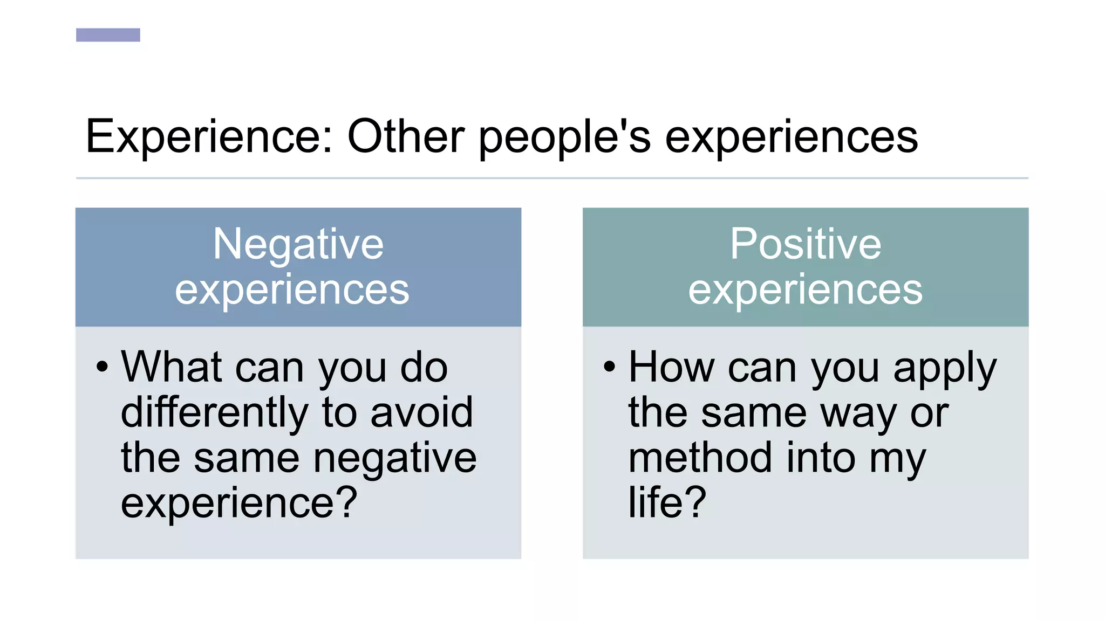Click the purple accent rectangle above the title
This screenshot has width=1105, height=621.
[108, 35]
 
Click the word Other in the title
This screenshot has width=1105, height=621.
[406, 137]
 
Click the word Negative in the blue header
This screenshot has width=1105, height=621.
[298, 245]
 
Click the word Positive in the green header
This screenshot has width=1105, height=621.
[806, 244]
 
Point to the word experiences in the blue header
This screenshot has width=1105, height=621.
[292, 290]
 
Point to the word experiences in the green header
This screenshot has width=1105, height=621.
[806, 290]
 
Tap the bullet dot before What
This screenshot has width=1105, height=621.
[102, 367]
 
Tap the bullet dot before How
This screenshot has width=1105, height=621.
[609, 367]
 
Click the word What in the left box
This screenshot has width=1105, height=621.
[172, 367]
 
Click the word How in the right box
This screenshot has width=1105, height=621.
[671, 367]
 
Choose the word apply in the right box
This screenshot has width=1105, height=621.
[945, 369]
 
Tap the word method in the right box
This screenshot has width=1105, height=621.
[700, 458]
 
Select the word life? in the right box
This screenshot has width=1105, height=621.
[667, 502]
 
